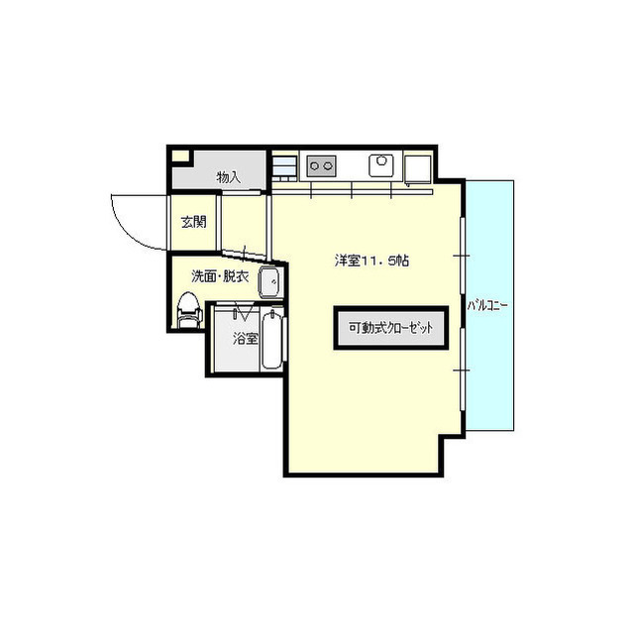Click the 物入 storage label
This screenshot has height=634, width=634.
coord(228,176)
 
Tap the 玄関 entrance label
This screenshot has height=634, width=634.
coord(194,222)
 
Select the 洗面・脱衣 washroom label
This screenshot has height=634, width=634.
coord(219,276)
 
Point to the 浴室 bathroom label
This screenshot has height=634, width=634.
coord(245,338)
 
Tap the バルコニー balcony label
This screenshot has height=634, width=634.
coord(488,305)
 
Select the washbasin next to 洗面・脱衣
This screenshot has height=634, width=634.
coord(269,282)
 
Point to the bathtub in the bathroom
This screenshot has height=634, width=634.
coord(272,340)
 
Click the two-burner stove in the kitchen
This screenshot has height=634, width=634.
coord(321,165)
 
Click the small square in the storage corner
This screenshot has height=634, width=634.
coord(179,156)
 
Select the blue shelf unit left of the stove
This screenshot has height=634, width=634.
coord(284,165)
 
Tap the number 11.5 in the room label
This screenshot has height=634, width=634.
coord(380,261)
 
